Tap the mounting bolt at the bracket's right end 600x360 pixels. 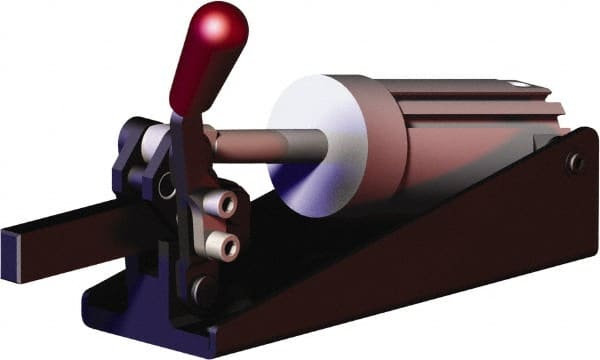[574, 162]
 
